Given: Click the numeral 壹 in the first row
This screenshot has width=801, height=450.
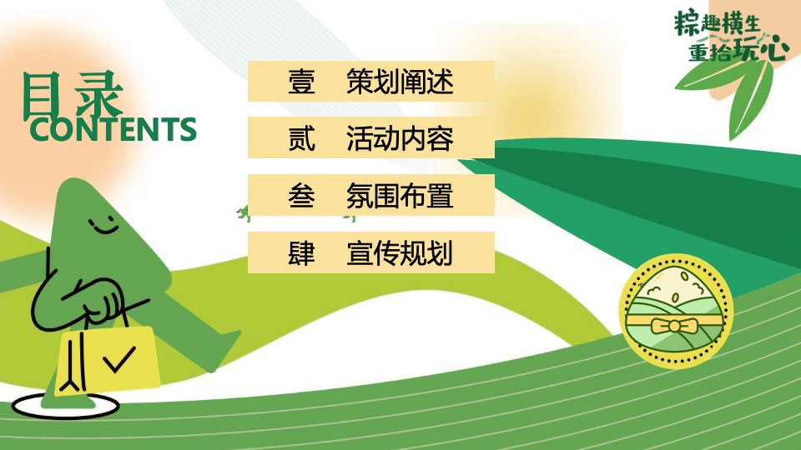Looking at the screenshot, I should (301, 82).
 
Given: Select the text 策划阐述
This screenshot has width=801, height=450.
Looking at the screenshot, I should (400, 82).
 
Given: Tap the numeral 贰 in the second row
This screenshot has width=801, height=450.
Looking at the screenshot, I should (301, 139).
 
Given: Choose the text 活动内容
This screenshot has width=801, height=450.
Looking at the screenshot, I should (400, 139).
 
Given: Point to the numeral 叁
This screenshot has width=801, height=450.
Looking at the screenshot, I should (301, 196).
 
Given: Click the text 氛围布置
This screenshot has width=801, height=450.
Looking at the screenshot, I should (400, 196).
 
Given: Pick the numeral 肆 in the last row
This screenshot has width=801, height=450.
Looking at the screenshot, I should (301, 252).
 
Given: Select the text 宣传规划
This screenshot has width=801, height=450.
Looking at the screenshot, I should (400, 252).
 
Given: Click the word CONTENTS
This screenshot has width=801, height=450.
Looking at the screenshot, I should (113, 130).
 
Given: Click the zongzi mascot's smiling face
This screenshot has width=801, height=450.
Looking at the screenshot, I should (102, 223).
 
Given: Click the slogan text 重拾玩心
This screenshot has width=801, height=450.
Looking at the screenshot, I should (738, 51).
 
